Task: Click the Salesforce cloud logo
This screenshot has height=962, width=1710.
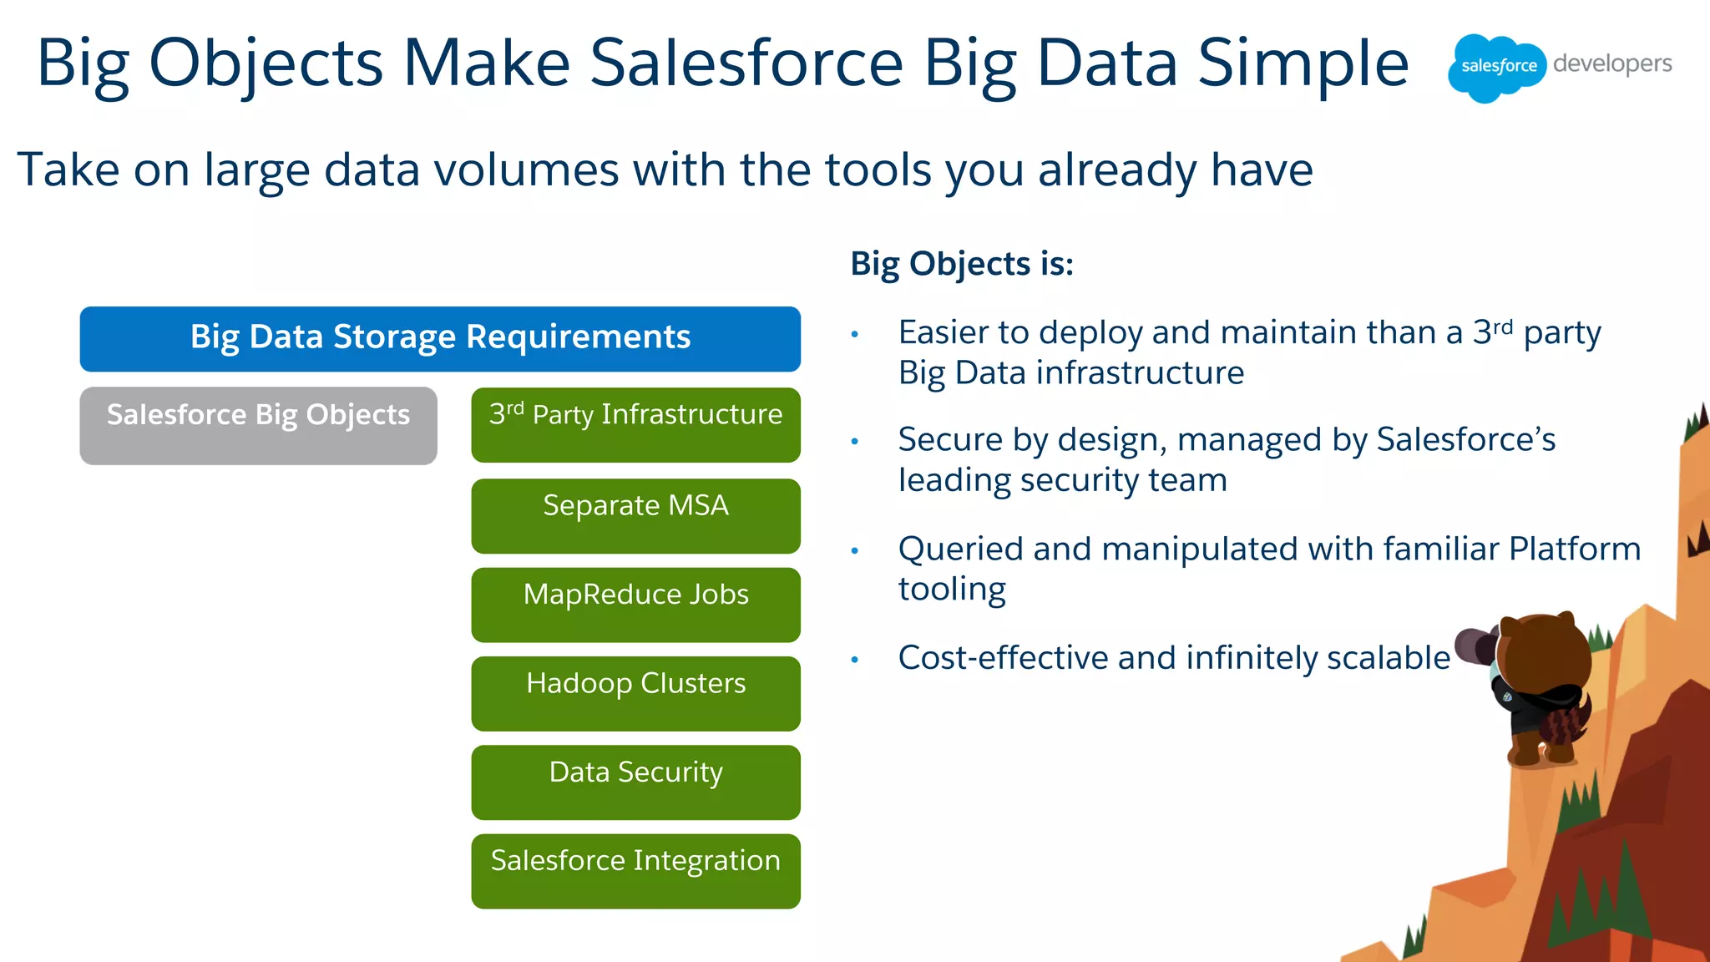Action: (x=1497, y=67)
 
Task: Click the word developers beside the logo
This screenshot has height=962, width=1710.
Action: (x=1612, y=64)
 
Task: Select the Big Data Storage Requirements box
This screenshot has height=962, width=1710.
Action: (x=440, y=338)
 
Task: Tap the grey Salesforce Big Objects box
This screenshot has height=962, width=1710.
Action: (x=258, y=425)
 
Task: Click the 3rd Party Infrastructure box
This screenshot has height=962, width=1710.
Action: (x=635, y=424)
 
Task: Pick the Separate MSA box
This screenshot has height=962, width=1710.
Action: (x=635, y=515)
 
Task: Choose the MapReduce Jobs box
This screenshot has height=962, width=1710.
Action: (x=635, y=604)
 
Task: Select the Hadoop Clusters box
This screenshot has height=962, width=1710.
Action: (x=635, y=693)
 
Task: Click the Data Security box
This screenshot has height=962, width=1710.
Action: (x=635, y=782)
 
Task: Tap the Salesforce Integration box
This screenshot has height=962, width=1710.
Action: (x=635, y=870)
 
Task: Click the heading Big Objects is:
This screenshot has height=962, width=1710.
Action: (x=961, y=264)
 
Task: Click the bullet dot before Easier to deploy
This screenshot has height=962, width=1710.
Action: (x=854, y=335)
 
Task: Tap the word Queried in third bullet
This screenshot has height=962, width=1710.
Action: (x=960, y=549)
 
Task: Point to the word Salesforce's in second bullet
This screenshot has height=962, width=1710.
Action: (x=1465, y=439)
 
